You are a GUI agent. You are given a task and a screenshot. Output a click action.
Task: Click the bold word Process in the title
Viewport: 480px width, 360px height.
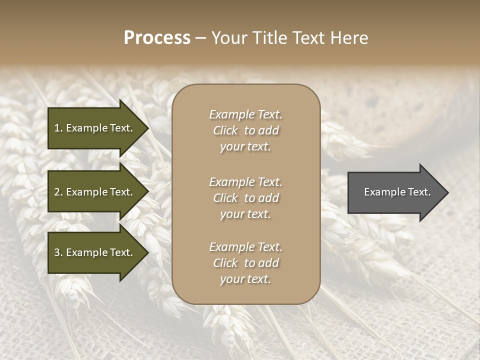click(x=157, y=38)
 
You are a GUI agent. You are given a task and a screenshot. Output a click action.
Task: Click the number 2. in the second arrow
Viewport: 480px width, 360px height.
click(x=58, y=192)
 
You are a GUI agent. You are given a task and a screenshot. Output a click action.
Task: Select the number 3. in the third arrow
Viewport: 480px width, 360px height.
click(x=58, y=252)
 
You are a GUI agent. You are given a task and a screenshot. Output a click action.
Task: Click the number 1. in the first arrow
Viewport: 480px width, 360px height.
click(x=58, y=128)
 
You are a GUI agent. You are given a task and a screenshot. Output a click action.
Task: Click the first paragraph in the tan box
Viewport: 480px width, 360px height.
click(x=245, y=130)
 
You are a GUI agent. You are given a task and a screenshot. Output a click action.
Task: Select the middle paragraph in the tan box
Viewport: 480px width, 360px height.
click(x=245, y=198)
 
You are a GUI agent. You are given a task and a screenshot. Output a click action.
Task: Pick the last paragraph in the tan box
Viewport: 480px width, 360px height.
click(x=245, y=263)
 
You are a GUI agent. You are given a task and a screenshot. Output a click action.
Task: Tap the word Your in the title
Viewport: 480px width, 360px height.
click(x=228, y=38)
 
